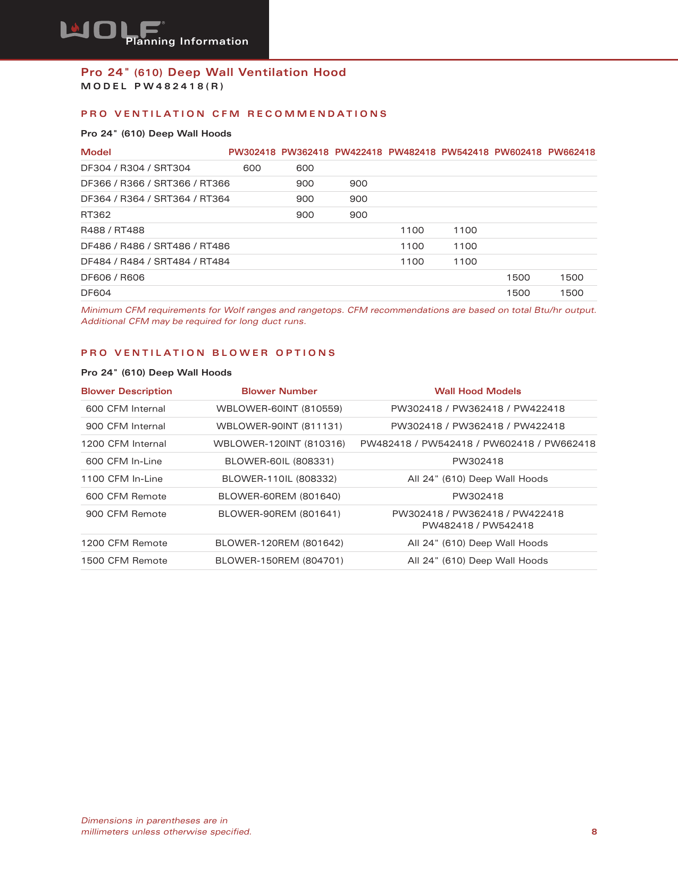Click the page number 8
[594, 832]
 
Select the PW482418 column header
[412, 152]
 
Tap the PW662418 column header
[571, 152]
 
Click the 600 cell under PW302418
[252, 168]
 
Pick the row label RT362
[96, 215]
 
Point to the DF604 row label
[96, 293]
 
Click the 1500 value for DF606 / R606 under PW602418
[518, 278]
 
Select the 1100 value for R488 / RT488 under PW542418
[465, 231]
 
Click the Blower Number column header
[279, 391]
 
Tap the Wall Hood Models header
[478, 391]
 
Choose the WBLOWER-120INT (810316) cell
[279, 444]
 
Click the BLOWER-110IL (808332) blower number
[279, 479]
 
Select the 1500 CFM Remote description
[124, 561]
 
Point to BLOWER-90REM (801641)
[279, 514]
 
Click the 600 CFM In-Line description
[124, 462]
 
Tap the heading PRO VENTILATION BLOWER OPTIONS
[208, 353]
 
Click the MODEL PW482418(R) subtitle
[152, 87]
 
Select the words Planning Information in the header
[187, 41]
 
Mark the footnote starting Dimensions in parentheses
[166, 827]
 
